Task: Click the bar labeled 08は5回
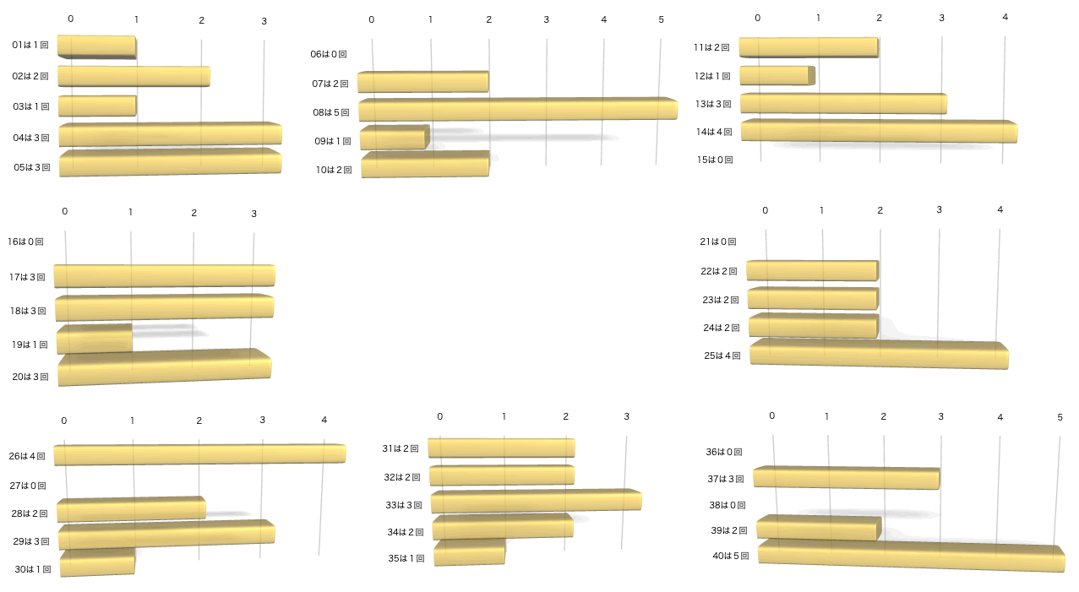pos(517,110)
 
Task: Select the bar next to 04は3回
pos(170,134)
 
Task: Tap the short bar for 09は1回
pos(395,138)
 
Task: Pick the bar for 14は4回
pos(879,131)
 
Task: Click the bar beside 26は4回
pos(199,454)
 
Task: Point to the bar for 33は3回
pos(536,501)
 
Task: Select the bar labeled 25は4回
pos(879,355)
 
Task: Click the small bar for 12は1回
pos(777,76)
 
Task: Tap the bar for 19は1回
pos(95,339)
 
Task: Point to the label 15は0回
pos(715,159)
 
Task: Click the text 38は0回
pos(727,505)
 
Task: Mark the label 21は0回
pos(719,242)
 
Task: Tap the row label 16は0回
pos(25,242)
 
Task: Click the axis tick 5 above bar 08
pos(662,19)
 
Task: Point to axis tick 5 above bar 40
pos(1060,417)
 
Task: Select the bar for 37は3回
pos(846,478)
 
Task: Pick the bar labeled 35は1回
pos(470,552)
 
